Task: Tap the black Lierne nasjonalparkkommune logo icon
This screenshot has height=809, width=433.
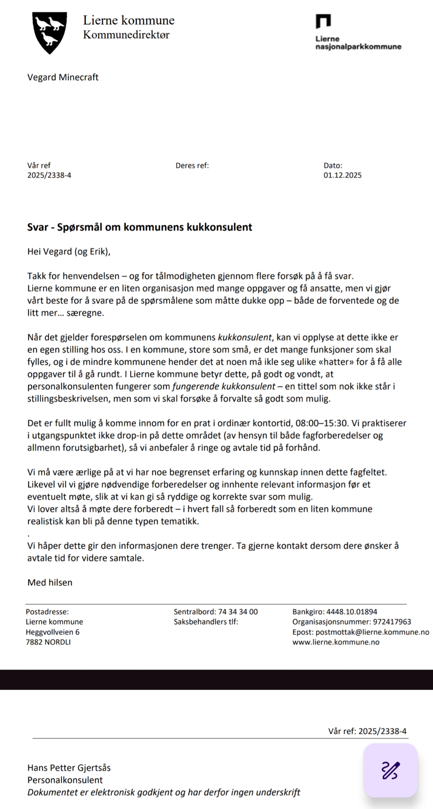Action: tap(323, 21)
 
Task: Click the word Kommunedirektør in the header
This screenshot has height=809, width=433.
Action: tap(126, 35)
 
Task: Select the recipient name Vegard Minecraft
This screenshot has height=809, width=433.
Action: tap(63, 77)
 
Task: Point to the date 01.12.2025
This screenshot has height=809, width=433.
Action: tap(342, 175)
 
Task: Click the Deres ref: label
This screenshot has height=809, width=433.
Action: tap(192, 165)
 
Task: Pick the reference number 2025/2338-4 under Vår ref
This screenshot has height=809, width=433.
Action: tap(49, 175)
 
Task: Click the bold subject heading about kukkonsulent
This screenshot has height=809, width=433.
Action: tap(139, 227)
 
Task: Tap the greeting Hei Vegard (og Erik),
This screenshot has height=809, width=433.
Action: tap(69, 252)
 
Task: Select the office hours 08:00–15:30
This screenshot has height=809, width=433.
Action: tap(322, 423)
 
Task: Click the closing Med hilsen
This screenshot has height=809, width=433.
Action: tap(50, 582)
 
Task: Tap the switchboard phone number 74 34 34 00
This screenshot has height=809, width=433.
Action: tap(238, 612)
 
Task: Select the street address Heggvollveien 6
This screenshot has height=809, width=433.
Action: tap(53, 632)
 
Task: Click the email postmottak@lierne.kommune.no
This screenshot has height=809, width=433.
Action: tap(372, 632)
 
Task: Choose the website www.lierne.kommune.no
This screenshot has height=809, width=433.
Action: tap(336, 642)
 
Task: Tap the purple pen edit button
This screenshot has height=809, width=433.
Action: tap(390, 770)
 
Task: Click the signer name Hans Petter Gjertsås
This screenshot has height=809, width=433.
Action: tap(69, 768)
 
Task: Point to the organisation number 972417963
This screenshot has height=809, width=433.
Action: tap(392, 622)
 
